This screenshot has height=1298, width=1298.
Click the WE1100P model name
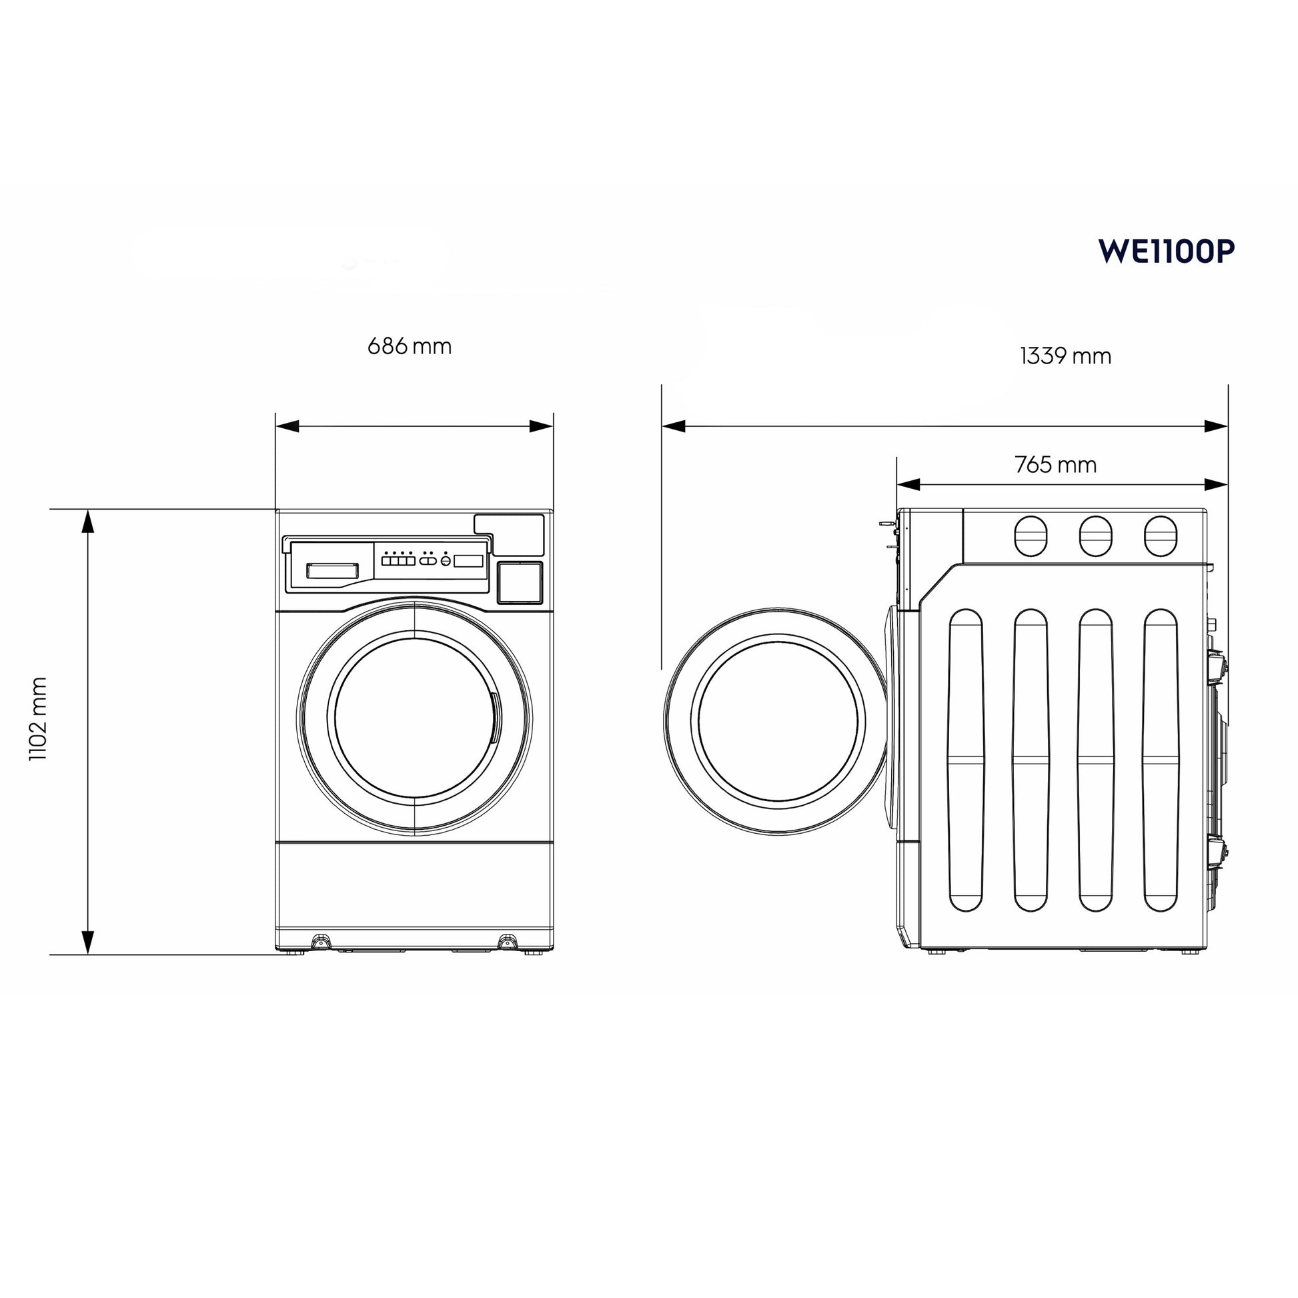(x=1166, y=251)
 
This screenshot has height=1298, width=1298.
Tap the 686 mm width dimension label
(x=409, y=346)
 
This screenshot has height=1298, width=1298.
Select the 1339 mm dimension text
(x=1065, y=356)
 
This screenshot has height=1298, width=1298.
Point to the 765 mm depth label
(x=1055, y=464)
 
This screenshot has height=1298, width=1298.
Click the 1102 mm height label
(x=38, y=719)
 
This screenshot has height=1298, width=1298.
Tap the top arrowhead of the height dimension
(x=88, y=521)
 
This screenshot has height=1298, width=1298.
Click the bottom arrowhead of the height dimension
(x=88, y=942)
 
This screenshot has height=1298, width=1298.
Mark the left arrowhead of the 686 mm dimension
(x=287, y=426)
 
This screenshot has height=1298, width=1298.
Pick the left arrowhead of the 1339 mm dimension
(x=674, y=426)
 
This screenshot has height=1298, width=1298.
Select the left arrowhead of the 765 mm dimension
(x=908, y=484)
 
